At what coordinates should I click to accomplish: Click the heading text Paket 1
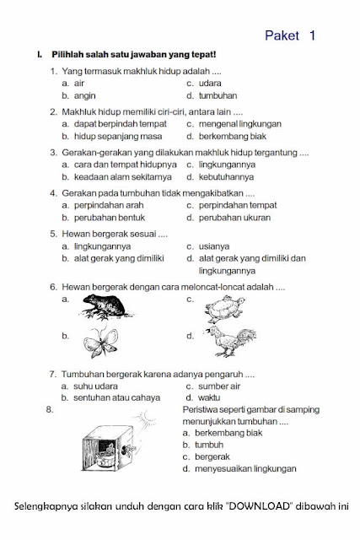pyautogui.click(x=290, y=35)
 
